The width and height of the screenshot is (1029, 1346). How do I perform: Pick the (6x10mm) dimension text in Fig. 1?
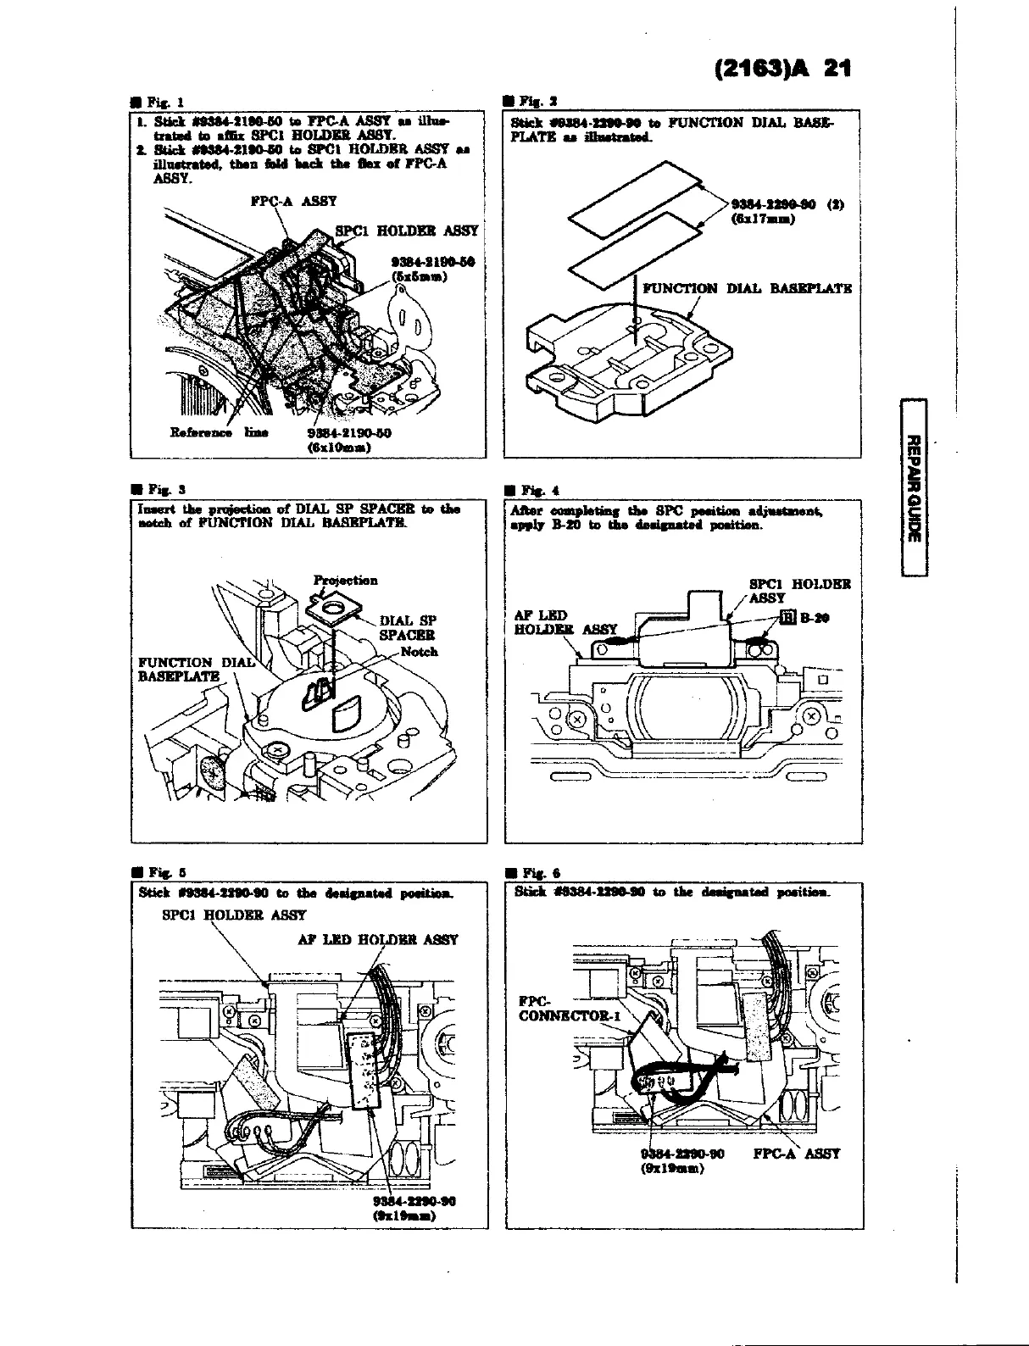(339, 449)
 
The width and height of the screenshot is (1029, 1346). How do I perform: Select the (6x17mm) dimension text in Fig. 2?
(760, 220)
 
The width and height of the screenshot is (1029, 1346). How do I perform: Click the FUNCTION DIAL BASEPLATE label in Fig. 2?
(747, 288)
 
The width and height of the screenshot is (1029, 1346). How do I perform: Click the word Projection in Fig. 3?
(345, 581)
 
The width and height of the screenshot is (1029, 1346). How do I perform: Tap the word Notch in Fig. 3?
(420, 651)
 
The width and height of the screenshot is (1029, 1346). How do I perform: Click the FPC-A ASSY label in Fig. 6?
(796, 1153)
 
